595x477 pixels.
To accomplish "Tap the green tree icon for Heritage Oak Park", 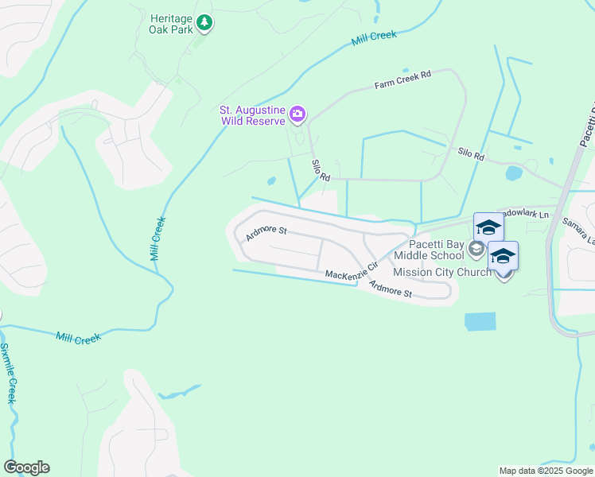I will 205,23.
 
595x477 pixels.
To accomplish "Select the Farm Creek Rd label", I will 403,79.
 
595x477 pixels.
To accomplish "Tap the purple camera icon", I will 297,114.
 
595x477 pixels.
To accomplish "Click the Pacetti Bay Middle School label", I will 436,250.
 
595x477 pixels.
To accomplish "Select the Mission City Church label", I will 442,272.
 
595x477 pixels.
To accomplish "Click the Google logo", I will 26,467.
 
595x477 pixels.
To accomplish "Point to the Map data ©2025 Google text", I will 546,471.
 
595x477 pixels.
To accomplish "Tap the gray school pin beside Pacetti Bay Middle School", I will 476,250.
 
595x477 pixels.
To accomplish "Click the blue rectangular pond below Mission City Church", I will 480,321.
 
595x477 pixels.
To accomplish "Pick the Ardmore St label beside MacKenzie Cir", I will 390,289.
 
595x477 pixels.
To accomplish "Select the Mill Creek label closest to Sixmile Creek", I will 79,338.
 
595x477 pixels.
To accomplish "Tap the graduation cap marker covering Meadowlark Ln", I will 488,227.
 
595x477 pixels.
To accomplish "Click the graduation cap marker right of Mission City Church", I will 503,256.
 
